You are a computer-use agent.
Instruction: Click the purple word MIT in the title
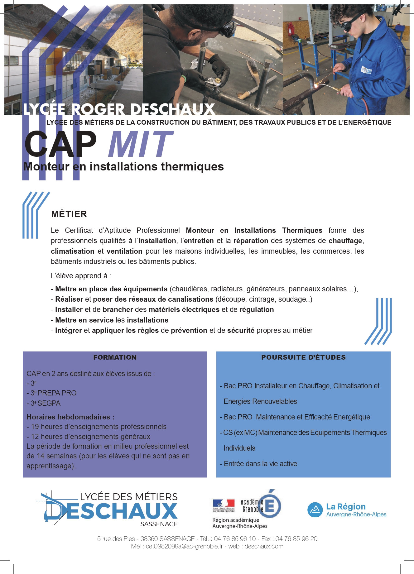140,144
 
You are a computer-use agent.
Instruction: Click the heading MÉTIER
69,214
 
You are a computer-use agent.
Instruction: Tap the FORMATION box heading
115,357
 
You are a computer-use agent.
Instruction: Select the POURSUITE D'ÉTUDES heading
303,357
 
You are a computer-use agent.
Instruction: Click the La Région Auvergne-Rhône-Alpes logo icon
315,510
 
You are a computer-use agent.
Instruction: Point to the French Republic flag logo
224,504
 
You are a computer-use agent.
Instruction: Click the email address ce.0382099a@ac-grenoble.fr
184,546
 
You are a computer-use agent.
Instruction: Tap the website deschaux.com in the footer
264,546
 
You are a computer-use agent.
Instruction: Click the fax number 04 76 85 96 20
296,538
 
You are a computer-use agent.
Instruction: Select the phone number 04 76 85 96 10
234,538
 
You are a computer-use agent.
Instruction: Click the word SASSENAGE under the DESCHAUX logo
159,524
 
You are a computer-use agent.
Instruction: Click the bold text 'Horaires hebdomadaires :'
70,417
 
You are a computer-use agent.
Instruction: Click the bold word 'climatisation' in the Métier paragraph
72,251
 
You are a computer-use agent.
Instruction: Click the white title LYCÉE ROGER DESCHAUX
119,109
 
